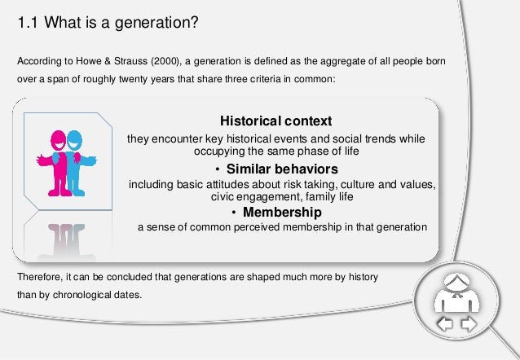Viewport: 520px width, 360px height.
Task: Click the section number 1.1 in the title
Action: coord(28,23)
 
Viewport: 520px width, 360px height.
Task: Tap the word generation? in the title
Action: coord(156,24)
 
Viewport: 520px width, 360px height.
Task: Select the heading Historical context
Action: coord(276,121)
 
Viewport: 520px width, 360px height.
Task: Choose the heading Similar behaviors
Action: coord(282,169)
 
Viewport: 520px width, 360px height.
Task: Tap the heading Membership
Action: coord(282,212)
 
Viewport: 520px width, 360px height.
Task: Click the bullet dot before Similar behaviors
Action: coord(218,169)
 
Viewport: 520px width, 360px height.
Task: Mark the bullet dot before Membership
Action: coord(234,213)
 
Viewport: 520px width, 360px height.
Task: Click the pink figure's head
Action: coord(59,140)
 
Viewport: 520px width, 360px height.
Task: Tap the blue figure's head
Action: coord(75,140)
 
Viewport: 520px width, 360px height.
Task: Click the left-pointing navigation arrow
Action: coord(445,324)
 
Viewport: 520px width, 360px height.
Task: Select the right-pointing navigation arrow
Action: coord(469,324)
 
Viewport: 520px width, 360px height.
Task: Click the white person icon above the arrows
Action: coord(456,293)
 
